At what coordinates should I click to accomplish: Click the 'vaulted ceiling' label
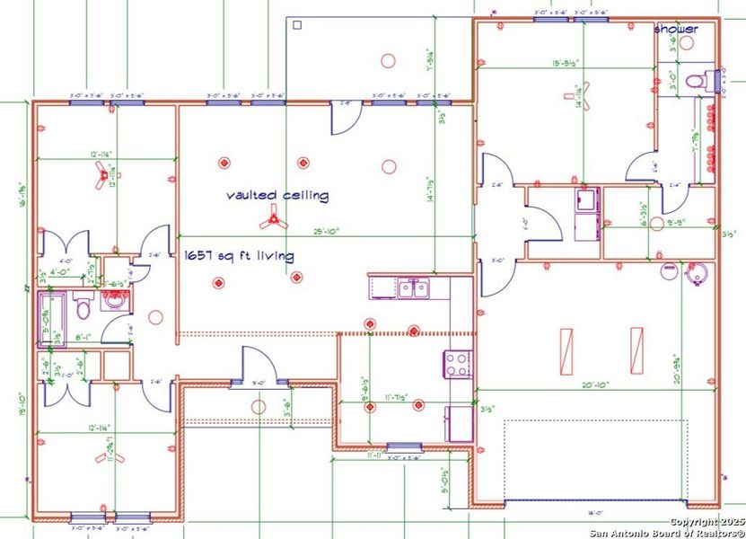277,195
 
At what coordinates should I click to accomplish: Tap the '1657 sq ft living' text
239,256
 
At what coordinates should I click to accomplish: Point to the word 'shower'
675,30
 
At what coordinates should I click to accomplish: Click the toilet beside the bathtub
82,308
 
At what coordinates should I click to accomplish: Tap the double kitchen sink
414,287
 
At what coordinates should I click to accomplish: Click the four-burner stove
457,363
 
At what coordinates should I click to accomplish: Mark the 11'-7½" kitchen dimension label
396,396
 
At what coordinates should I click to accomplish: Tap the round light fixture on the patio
388,60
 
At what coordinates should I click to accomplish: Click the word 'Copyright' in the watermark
694,522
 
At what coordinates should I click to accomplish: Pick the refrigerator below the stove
459,423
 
